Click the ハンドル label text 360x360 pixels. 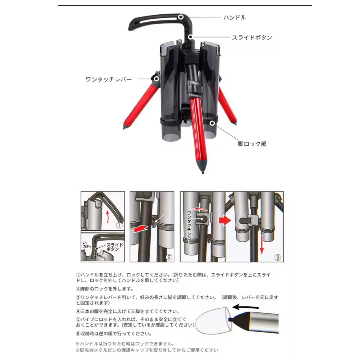235,17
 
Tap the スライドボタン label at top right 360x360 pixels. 252,37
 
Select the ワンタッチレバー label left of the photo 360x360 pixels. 108,79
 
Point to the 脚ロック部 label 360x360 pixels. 252,144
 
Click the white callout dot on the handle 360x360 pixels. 181,17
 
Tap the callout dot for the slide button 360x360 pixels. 190,37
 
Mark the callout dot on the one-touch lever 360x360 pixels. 156,79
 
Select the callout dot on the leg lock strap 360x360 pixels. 212,123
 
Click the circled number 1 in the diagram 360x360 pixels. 119,225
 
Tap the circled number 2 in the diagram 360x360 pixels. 169,257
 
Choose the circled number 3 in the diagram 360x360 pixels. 278,257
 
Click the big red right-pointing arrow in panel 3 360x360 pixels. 225,221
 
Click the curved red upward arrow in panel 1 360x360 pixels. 107,216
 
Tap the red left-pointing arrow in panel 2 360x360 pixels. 140,229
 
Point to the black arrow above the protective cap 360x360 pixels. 245,307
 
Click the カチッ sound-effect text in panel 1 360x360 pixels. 87,246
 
